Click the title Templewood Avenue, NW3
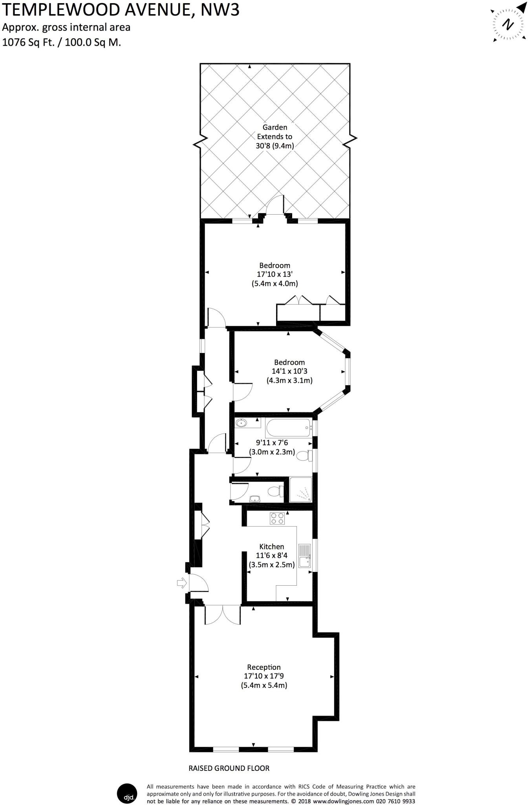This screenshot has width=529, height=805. coord(121,10)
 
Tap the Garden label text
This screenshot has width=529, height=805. coord(275,127)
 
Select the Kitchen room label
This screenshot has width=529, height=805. coord(271,546)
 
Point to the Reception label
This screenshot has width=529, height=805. coord(264,667)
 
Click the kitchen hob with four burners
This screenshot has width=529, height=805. coord(277,519)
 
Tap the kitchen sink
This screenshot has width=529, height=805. coord(305,556)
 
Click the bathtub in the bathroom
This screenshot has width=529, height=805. coord(289,428)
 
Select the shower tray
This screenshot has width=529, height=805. coord(300,489)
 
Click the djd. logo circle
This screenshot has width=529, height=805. coord(127,794)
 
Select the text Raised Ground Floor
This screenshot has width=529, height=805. coord(229,768)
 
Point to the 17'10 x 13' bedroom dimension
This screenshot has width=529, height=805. coord(275,274)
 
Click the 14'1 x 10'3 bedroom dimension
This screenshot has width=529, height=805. coord(289,371)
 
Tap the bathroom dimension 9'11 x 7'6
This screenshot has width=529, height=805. coord(272,443)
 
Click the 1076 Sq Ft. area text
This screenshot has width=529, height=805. coord(29,42)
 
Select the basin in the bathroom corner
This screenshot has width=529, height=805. coord(241,423)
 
